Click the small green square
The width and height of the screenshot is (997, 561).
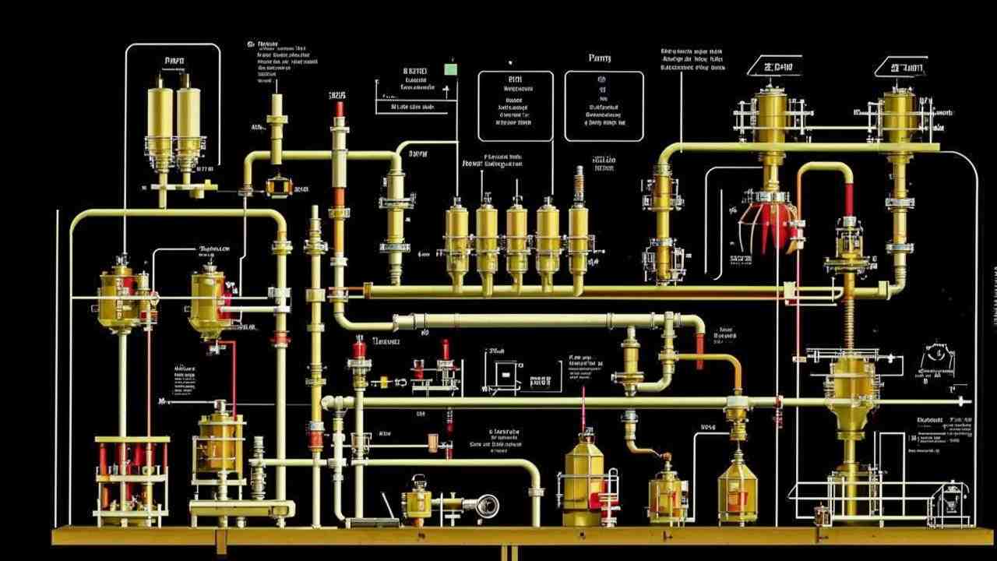450,69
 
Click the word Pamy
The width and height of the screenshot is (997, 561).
600,58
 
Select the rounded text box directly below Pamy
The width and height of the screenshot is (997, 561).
604,106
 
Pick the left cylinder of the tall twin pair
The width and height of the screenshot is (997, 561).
160,121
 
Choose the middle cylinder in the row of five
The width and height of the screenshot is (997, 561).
517,238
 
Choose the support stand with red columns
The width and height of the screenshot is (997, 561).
131,475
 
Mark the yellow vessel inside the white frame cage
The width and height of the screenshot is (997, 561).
217,444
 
